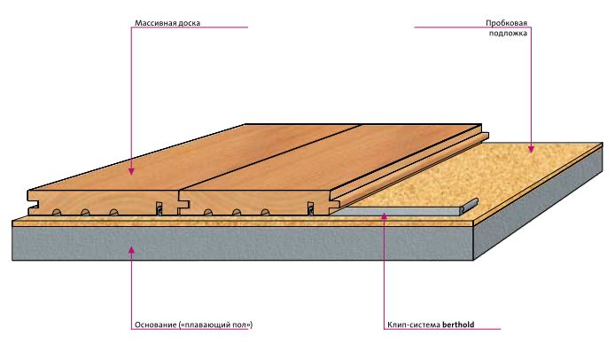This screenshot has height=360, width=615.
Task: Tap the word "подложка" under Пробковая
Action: click(510, 32)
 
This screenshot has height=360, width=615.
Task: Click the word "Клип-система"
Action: click(413, 325)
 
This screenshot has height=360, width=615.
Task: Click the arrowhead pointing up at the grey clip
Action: click(384, 217)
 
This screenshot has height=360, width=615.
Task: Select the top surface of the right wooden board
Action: click(337, 155)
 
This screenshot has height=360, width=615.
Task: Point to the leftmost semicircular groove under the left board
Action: click(56, 212)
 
